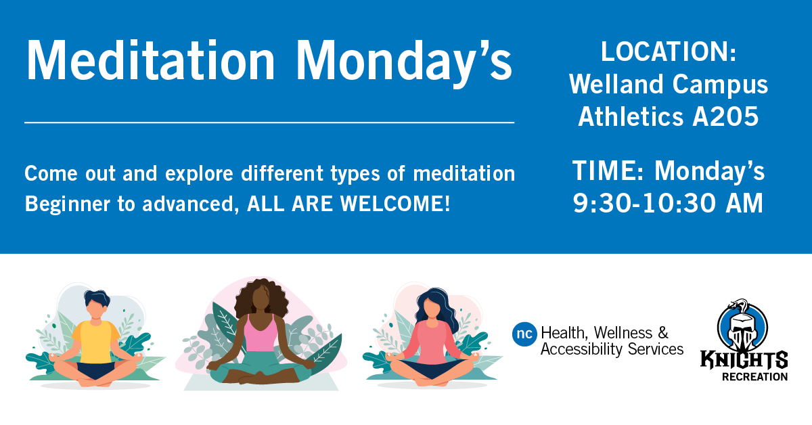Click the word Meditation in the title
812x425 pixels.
[151, 61]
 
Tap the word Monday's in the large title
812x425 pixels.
[404, 61]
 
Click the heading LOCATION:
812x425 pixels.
[668, 53]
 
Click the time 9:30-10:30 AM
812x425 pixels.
[668, 202]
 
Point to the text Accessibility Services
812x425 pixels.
[612, 350]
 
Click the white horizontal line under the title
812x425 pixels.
[269, 122]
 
